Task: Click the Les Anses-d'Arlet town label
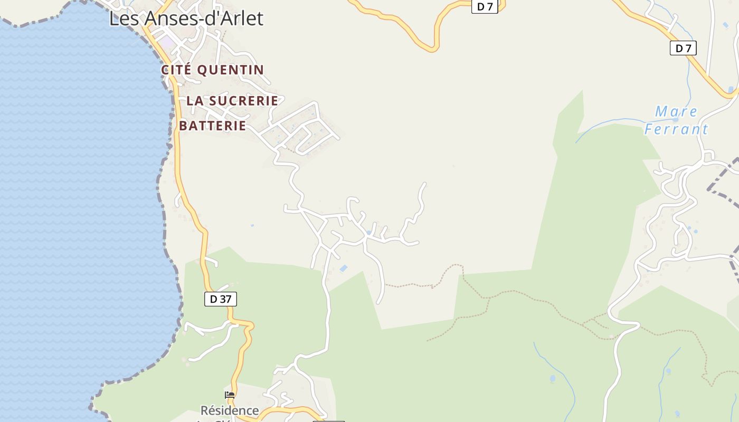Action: point(186,18)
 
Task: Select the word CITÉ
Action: point(176,70)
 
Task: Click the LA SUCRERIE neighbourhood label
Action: point(232,100)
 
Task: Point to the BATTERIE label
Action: point(213,126)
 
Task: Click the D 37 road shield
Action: point(221,299)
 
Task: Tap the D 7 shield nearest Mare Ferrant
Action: point(683,48)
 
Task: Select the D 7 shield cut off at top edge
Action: point(485,6)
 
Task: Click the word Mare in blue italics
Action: point(676,112)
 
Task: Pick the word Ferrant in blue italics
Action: point(676,129)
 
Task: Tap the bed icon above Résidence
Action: point(230,395)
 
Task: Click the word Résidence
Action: point(229,410)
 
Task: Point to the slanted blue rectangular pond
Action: point(344,268)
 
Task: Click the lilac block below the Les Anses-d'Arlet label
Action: point(166,41)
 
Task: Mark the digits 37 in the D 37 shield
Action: point(225,299)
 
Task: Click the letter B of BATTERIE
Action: point(183,126)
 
